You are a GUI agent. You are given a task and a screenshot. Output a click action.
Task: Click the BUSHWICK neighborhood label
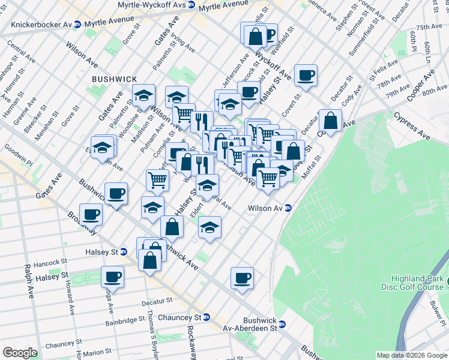click(x=115, y=79)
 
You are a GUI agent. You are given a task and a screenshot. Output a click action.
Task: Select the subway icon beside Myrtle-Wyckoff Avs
click(x=191, y=4)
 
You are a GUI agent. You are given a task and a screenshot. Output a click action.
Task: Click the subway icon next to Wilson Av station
click(x=288, y=208)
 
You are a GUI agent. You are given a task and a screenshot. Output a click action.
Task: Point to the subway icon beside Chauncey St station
click(x=206, y=317)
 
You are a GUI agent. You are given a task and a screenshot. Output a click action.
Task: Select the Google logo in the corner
click(x=20, y=353)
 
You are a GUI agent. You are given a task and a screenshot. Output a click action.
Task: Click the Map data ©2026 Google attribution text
click(x=411, y=355)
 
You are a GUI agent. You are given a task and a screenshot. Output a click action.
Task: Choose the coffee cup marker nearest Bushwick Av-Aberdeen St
click(x=242, y=278)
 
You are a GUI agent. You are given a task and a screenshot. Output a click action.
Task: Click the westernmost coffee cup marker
click(x=91, y=214)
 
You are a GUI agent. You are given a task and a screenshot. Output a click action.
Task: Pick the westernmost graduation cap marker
click(x=104, y=146)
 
